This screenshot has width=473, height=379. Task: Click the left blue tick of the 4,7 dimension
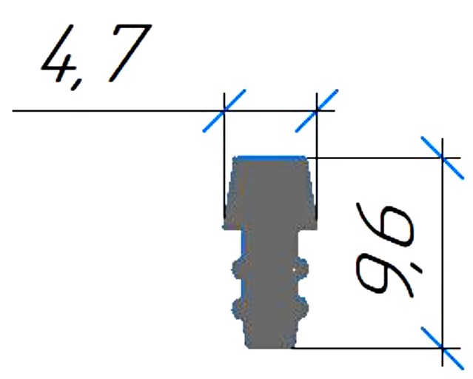[x=224, y=111]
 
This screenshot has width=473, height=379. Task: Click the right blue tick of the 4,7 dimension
[x=316, y=111]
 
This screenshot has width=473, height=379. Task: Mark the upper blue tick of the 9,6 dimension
[x=442, y=158]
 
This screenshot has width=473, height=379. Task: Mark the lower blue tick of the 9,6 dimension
[x=442, y=348]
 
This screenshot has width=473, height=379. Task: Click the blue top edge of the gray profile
[x=271, y=157]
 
